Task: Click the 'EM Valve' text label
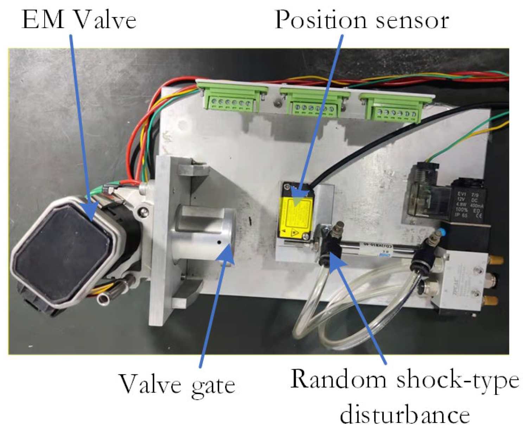pos(79,20)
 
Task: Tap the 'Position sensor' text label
pos(362,20)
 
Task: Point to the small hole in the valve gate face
pos(219,242)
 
